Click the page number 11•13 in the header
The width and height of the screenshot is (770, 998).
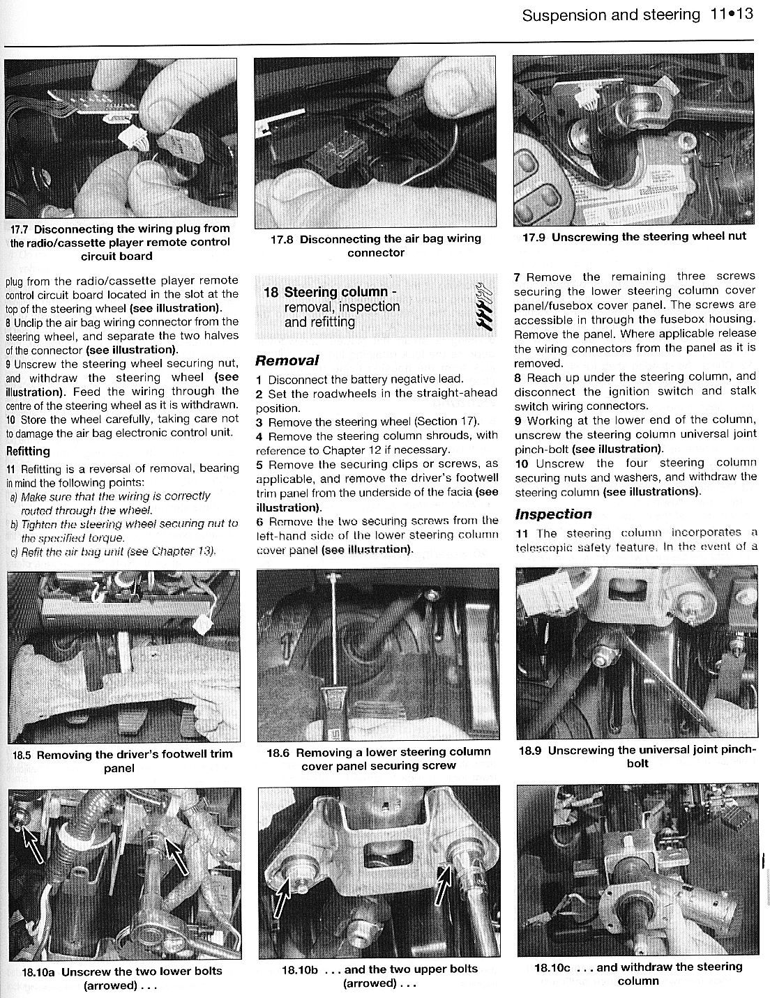coord(732,14)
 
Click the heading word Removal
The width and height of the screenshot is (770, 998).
coord(287,360)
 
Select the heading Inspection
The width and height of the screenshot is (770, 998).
coord(553,514)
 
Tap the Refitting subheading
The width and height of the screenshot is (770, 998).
coord(28,451)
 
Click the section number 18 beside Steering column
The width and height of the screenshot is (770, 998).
coord(271,292)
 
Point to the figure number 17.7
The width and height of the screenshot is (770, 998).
coord(20,229)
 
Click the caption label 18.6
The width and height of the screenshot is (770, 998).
coord(278,753)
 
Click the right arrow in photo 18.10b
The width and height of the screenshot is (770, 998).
coord(444,880)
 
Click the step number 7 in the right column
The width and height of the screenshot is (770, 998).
coord(517,277)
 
